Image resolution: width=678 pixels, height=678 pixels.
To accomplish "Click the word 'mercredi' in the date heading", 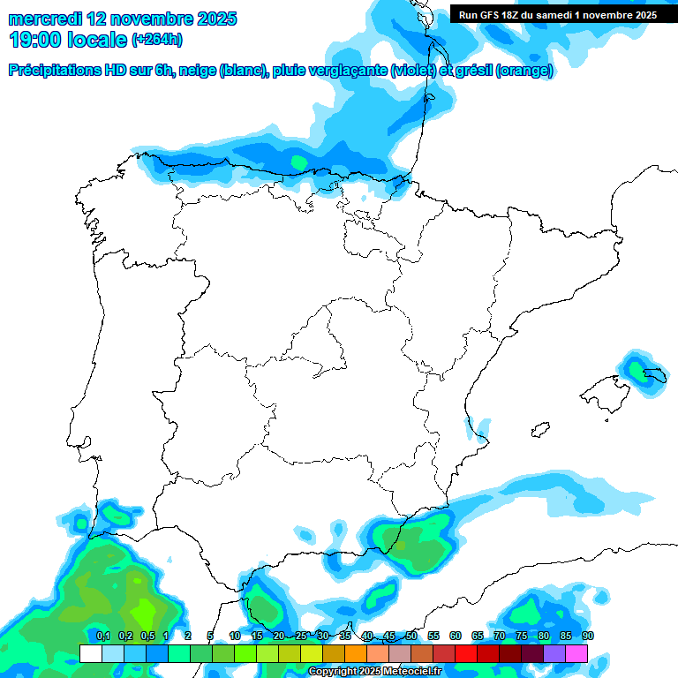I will pyautogui.click(x=44, y=19).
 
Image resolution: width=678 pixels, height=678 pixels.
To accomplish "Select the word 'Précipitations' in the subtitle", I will pyautogui.click(x=59, y=72).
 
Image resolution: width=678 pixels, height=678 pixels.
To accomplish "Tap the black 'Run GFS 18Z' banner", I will pyautogui.click(x=557, y=14).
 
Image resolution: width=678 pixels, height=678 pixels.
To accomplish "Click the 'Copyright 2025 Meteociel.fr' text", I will pyautogui.click(x=374, y=672).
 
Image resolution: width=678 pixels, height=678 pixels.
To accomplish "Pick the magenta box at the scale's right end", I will pyautogui.click(x=576, y=653).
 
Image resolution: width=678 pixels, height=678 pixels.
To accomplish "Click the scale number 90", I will pyautogui.click(x=588, y=636).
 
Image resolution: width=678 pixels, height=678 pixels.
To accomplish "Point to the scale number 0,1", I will pyautogui.click(x=102, y=636).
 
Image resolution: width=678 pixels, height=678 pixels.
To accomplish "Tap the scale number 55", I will pyautogui.click(x=433, y=636).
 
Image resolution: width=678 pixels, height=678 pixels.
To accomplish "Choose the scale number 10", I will pyautogui.click(x=235, y=636).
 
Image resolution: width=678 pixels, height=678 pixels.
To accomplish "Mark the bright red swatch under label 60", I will pyautogui.click(x=466, y=653).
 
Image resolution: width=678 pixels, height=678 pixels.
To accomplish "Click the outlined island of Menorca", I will pyautogui.click(x=653, y=375).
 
